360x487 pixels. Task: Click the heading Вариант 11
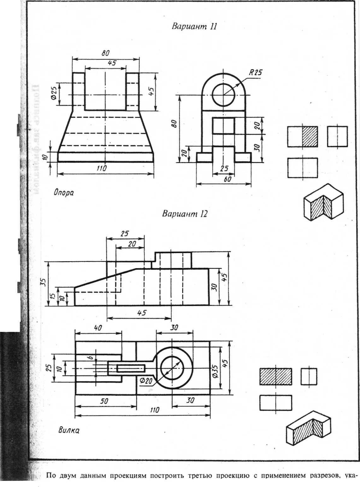pyautogui.click(x=194, y=26)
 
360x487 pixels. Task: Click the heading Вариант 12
pyautogui.click(x=185, y=214)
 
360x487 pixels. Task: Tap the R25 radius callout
pyautogui.click(x=255, y=72)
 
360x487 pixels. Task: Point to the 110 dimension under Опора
pyautogui.click(x=101, y=168)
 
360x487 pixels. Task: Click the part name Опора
pyautogui.click(x=63, y=193)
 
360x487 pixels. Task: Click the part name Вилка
pyautogui.click(x=69, y=430)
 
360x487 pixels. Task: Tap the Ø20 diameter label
pyautogui.click(x=146, y=381)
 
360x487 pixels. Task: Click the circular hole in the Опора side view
pyautogui.click(x=224, y=95)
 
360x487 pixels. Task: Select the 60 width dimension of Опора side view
pyautogui.click(x=227, y=179)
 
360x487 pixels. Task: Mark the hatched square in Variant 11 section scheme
pyautogui.click(x=310, y=137)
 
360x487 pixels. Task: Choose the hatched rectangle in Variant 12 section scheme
pyautogui.click(x=275, y=376)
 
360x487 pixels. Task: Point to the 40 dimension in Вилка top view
pyautogui.click(x=98, y=328)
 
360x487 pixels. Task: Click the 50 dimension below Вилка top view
pyautogui.click(x=104, y=401)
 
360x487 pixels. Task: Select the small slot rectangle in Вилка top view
pyautogui.click(x=131, y=368)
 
